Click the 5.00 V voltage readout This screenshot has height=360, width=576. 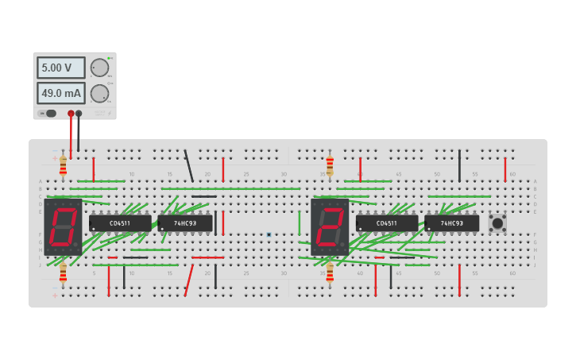click(x=60, y=68)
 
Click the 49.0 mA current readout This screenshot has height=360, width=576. click(x=60, y=94)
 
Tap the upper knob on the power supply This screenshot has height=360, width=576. click(x=99, y=68)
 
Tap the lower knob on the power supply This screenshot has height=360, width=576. click(x=99, y=94)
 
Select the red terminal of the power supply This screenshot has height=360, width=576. click(x=71, y=114)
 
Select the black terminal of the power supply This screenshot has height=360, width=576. click(x=79, y=114)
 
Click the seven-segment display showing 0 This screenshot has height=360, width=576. click(x=63, y=226)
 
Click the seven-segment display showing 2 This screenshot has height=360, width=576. click(x=330, y=226)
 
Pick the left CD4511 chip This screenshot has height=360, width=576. click(x=120, y=223)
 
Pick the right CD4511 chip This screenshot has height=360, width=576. click(x=386, y=223)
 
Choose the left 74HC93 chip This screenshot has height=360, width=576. click(x=185, y=223)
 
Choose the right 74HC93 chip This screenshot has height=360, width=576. click(x=451, y=223)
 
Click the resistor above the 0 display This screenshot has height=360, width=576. click(x=63, y=165)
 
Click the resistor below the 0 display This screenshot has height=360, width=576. click(x=63, y=274)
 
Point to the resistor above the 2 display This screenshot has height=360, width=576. click(x=330, y=165)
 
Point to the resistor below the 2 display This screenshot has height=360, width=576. click(x=330, y=273)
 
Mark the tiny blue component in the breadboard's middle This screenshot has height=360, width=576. click(x=269, y=234)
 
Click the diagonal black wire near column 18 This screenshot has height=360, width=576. click(x=188, y=165)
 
